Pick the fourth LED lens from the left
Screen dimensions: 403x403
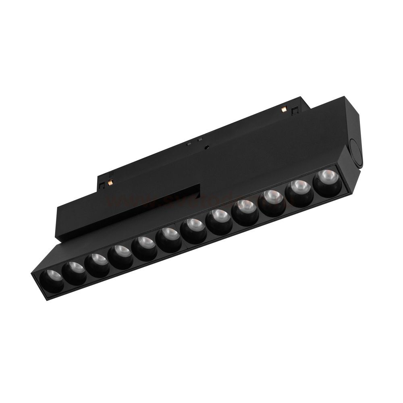pyautogui.click(x=120, y=255)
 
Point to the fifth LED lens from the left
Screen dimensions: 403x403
pyautogui.click(x=144, y=246)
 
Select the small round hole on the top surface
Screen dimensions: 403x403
pyautogui.click(x=207, y=147)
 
